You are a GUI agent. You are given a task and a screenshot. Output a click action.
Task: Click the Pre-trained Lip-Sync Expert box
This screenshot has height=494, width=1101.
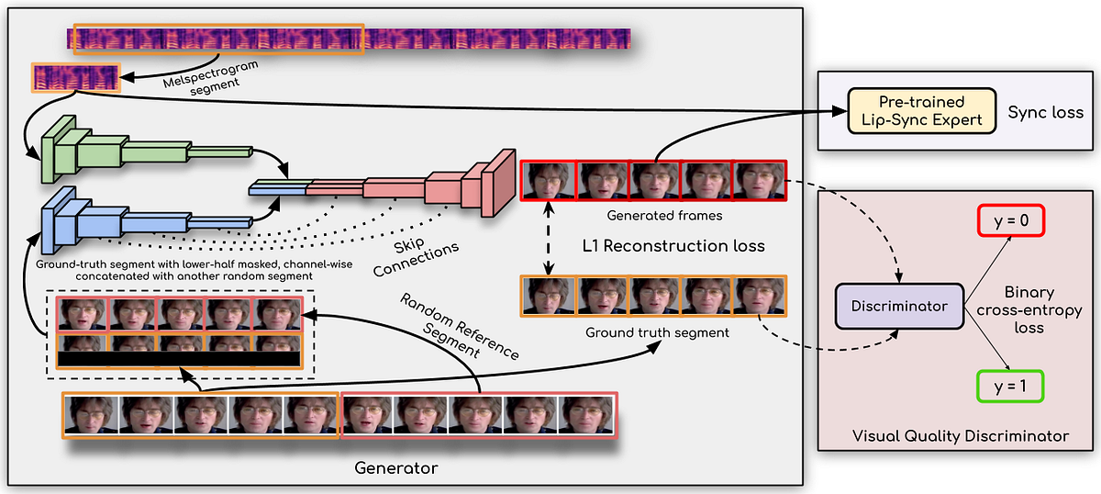[920, 112]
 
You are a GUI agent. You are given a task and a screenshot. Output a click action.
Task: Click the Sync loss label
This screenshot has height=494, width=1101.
[1045, 113]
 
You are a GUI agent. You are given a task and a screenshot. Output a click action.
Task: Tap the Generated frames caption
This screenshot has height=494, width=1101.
[652, 217]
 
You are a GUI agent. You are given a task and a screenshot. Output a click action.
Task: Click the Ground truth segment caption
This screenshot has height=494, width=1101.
[657, 332]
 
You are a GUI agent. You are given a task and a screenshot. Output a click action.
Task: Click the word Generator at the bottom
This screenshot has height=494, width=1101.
[396, 468]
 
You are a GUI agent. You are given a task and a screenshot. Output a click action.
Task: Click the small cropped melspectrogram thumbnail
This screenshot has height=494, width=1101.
[76, 77]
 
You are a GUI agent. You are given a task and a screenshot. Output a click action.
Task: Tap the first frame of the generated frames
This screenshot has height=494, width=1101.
[549, 181]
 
